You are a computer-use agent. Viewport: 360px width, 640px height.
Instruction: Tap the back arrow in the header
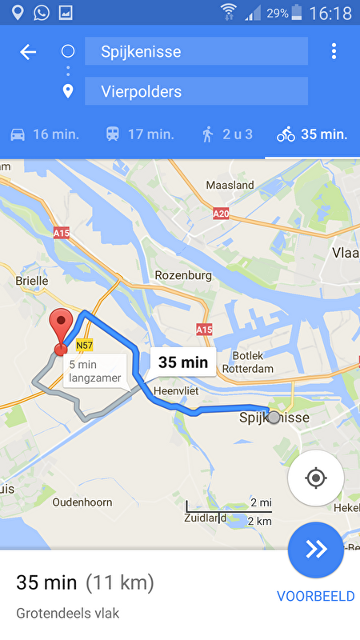(x=28, y=52)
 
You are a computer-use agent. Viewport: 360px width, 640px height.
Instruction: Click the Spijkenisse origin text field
(x=196, y=52)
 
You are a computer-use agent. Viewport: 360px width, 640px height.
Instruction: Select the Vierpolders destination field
(x=196, y=91)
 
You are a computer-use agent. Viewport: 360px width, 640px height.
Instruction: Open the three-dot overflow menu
(x=334, y=52)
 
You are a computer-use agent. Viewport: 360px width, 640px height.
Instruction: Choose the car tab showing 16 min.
(x=44, y=134)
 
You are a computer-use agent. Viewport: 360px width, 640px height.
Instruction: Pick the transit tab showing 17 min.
(x=139, y=134)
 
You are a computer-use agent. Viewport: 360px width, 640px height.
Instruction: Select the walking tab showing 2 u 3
(x=226, y=134)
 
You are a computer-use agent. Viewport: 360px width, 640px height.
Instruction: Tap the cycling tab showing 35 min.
(x=312, y=134)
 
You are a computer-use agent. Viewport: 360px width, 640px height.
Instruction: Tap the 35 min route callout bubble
(x=183, y=362)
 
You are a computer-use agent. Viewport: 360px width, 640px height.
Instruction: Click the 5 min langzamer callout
(x=95, y=371)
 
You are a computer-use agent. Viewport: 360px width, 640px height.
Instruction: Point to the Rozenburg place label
(x=183, y=275)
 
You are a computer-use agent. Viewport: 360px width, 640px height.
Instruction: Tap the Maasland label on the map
(x=230, y=185)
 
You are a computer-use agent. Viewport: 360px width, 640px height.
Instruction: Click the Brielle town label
(x=32, y=281)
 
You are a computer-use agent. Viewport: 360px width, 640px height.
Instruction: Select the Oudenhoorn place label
(x=82, y=502)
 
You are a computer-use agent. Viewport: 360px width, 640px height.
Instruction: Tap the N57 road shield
(x=85, y=346)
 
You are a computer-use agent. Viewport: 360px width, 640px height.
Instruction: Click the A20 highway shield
(x=222, y=214)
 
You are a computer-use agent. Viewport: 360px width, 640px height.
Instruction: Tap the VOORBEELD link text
(x=315, y=596)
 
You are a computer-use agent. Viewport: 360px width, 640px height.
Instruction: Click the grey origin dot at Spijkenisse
(x=274, y=418)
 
